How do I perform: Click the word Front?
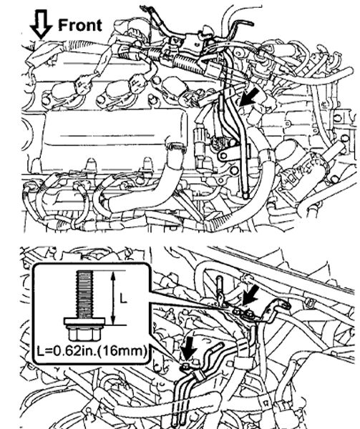tap(80, 25)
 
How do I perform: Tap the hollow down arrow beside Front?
tap(41, 24)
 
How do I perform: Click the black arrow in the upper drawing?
tap(248, 97)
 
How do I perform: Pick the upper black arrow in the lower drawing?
tap(250, 295)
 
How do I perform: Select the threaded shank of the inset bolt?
tap(84, 294)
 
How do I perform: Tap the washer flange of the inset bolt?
tap(84, 321)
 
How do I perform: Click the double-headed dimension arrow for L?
tap(113, 298)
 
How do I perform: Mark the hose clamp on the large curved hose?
tap(176, 147)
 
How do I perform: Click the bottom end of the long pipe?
tap(245, 195)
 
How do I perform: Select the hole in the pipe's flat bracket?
tap(224, 156)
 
